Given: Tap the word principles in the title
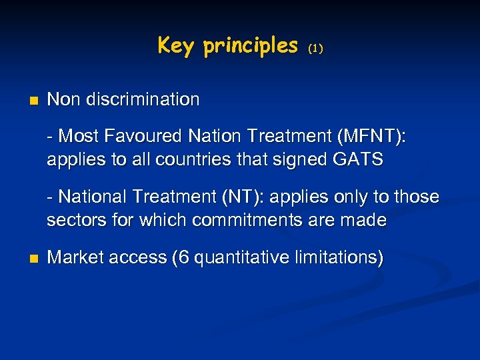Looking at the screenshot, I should pos(251,46).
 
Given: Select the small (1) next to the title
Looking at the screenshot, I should pos(316,49).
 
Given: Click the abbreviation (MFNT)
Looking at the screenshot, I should pos(371,137).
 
